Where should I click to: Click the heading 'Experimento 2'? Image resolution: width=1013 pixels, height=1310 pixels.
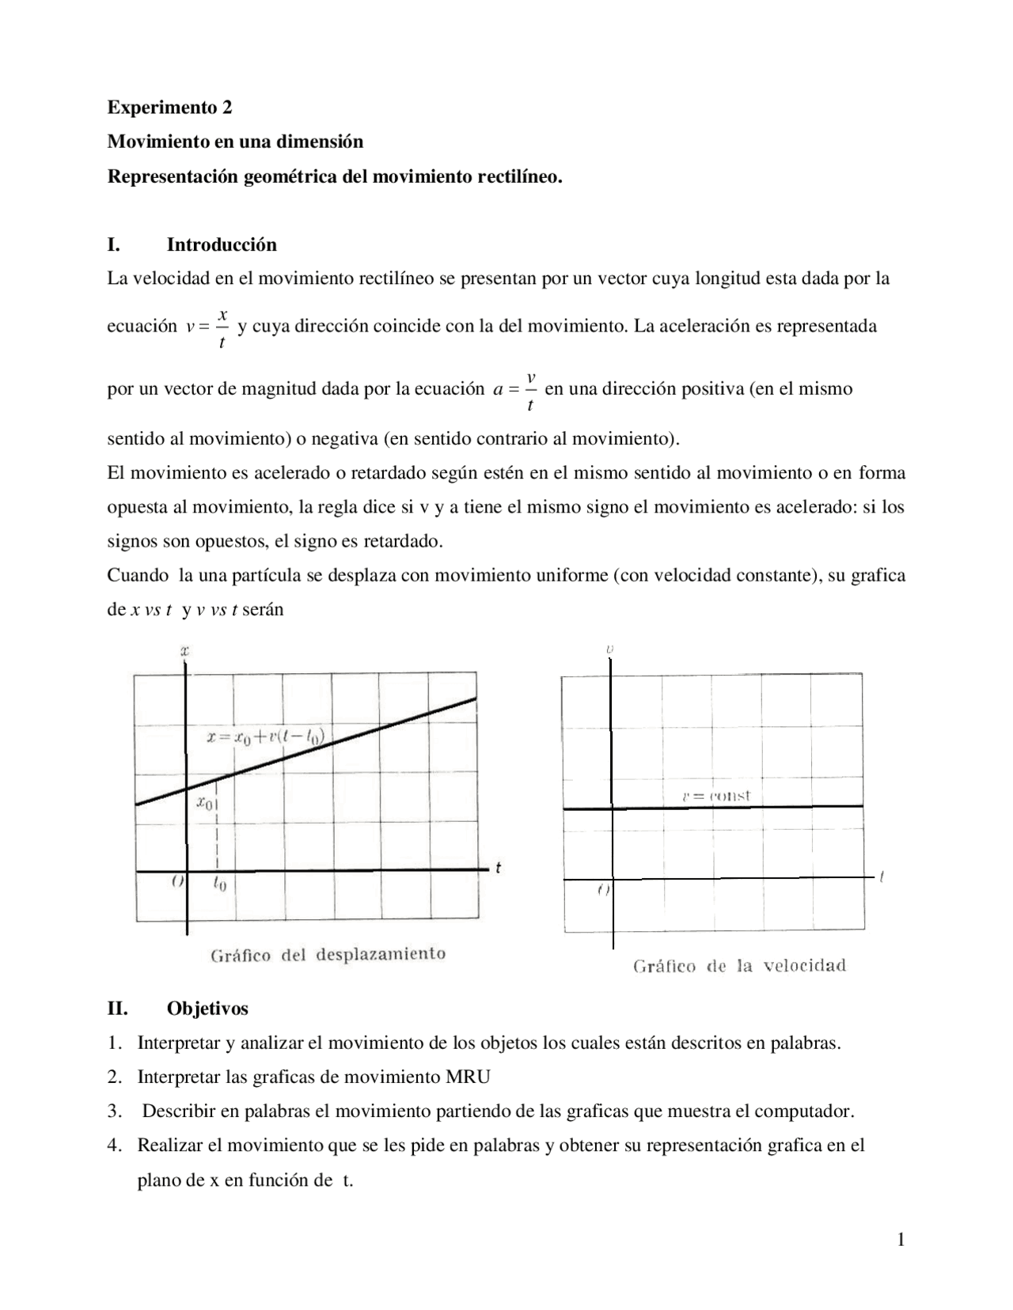(x=169, y=107)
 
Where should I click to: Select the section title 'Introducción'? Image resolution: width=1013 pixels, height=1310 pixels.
(x=222, y=244)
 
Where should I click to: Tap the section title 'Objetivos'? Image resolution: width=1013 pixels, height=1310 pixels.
(x=207, y=1009)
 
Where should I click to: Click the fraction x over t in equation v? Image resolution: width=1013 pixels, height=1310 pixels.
(x=222, y=327)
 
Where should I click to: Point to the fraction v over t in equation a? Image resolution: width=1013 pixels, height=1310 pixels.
(x=530, y=391)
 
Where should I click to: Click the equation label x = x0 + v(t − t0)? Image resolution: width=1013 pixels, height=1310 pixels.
(x=266, y=737)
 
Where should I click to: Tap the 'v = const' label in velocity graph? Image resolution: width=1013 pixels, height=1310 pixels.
(x=715, y=796)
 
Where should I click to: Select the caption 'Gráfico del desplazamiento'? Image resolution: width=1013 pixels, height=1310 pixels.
(x=328, y=954)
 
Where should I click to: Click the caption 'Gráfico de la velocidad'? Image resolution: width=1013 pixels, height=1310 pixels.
(x=739, y=966)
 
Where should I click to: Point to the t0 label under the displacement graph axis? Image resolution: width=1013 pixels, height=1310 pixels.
(x=219, y=885)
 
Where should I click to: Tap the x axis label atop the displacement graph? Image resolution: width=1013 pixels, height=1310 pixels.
(x=184, y=651)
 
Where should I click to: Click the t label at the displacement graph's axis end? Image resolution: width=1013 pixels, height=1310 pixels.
(x=498, y=868)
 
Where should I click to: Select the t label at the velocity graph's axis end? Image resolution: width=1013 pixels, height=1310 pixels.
(x=881, y=876)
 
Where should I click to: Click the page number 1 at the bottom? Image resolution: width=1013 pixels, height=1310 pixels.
(x=901, y=1240)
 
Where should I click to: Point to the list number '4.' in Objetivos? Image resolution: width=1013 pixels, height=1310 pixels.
(x=115, y=1145)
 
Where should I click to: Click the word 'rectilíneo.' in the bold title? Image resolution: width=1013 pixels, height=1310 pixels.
(x=520, y=176)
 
